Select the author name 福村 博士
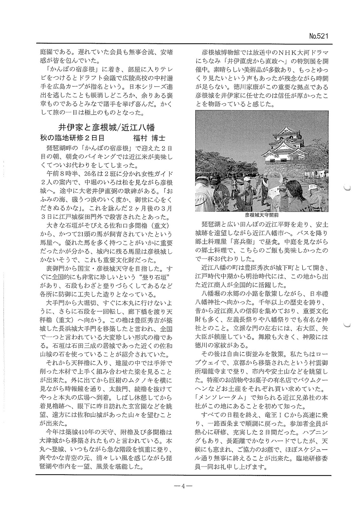coord(149,138)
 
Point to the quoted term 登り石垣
coord(153,275)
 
